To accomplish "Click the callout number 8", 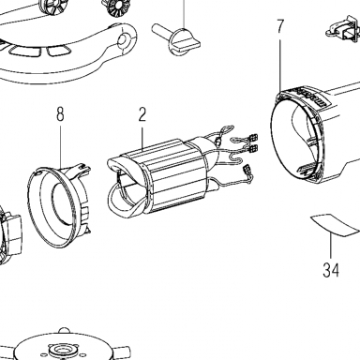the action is pyautogui.click(x=60, y=114).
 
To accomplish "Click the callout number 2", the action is pyautogui.click(x=142, y=114).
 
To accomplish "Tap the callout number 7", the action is pyautogui.click(x=280, y=26).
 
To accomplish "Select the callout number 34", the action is pyautogui.click(x=331, y=270).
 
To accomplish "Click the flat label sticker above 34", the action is pyautogui.click(x=335, y=224).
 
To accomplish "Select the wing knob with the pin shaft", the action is pyautogui.click(x=176, y=38).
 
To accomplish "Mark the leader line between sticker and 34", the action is pyautogui.click(x=331, y=247).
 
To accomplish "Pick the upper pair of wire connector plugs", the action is pyautogui.click(x=252, y=142).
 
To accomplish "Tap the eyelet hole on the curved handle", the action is pyautogui.click(x=123, y=39).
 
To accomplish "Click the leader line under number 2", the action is pyautogui.click(x=142, y=138).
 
